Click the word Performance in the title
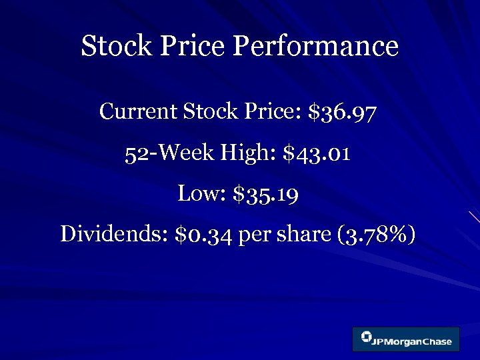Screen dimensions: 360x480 tap(315, 47)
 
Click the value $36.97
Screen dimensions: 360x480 tap(343, 112)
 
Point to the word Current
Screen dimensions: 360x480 tap(136, 111)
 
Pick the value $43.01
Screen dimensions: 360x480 tap(317, 154)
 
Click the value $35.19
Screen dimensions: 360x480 tap(266, 195)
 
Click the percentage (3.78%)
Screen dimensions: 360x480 tap(379, 235)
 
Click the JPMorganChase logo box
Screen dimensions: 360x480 tap(405, 339)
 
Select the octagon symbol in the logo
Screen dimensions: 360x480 tap(367, 337)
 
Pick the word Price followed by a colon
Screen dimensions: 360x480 tap(273, 111)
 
